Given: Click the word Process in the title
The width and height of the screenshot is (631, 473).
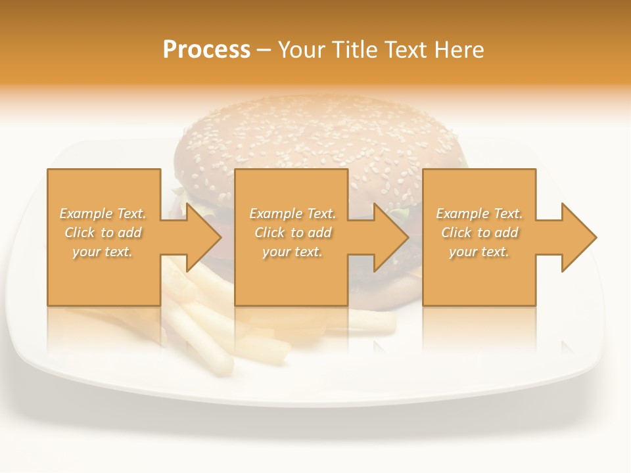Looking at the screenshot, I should point(206,50).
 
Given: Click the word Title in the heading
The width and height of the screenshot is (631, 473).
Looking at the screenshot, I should point(353,50).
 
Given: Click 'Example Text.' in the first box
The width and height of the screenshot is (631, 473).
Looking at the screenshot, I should point(103,214).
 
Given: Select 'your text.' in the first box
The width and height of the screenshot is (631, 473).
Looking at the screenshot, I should point(103,252).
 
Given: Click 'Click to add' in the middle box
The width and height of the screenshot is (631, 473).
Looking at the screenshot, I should point(292,233).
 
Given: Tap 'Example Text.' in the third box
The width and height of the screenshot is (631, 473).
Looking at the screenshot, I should point(479,214).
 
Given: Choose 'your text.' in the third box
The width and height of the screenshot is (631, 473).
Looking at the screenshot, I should point(479,252).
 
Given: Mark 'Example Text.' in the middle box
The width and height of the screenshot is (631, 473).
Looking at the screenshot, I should point(292,214).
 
